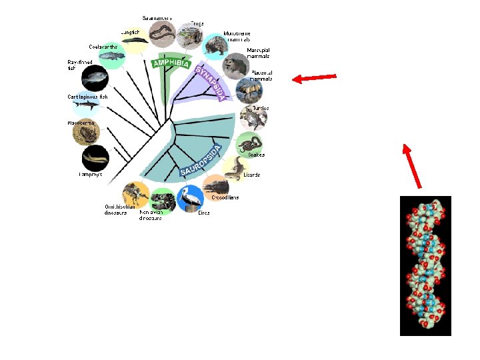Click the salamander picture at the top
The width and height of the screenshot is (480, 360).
pyautogui.click(x=162, y=32)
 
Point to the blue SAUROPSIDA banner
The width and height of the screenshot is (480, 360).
pyautogui.click(x=200, y=162)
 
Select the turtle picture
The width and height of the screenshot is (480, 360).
pyautogui.click(x=254, y=119)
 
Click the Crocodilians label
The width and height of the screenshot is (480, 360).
pyautogui.click(x=225, y=197)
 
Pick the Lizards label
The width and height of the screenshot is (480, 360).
pyautogui.click(x=251, y=175)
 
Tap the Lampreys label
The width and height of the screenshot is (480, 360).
pyautogui.click(x=89, y=175)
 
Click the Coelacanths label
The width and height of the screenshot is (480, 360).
pyautogui.click(x=104, y=47)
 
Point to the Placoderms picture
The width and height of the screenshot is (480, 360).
pyautogui.click(x=85, y=133)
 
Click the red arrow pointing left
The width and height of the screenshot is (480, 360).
pyautogui.click(x=314, y=79)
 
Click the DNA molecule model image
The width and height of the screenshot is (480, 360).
pyautogui.click(x=425, y=265)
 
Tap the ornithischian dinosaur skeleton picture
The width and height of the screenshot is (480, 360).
pyautogui.click(x=136, y=194)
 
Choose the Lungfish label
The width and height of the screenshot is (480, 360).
pyautogui.click(x=130, y=31)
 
